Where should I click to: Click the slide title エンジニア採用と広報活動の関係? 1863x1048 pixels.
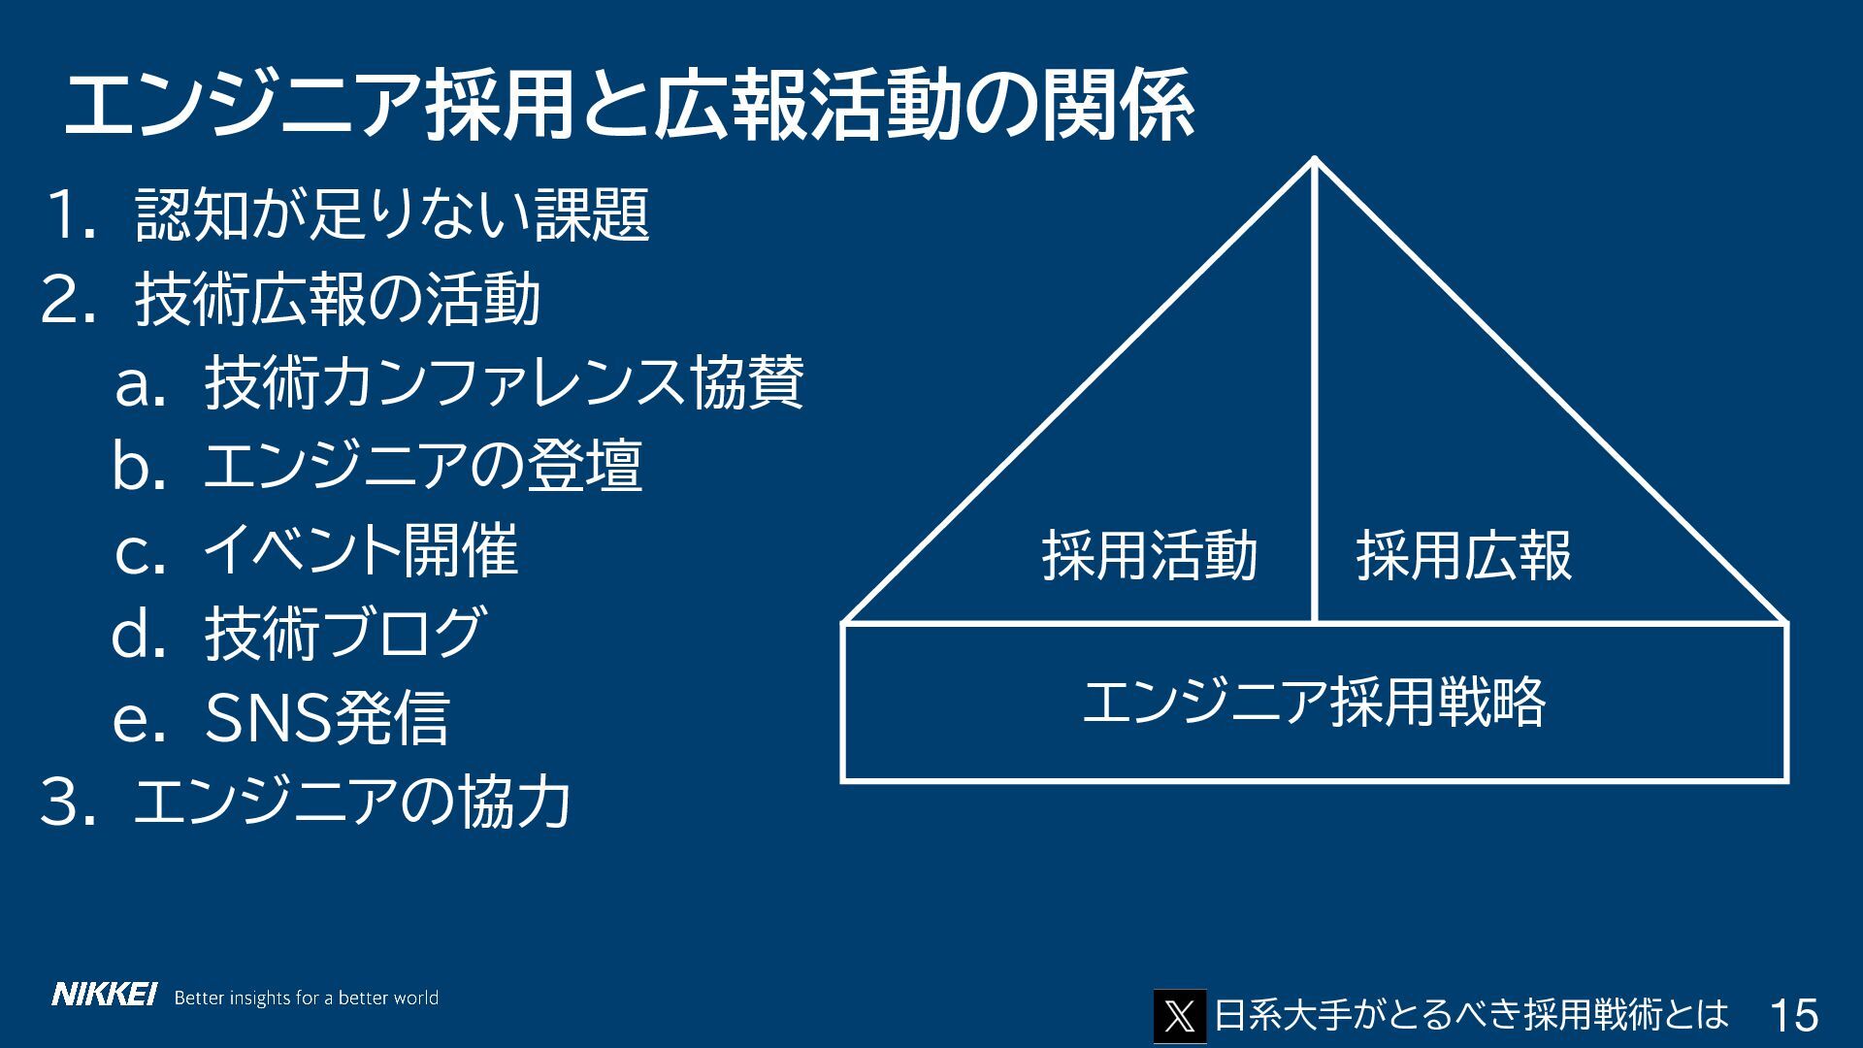click(x=628, y=107)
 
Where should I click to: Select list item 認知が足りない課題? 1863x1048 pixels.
click(x=392, y=214)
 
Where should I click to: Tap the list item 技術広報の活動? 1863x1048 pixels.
click(x=338, y=300)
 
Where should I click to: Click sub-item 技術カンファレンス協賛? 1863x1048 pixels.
click(x=504, y=383)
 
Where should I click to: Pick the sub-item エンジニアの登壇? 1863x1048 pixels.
click(x=422, y=467)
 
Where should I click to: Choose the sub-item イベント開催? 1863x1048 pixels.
click(x=360, y=550)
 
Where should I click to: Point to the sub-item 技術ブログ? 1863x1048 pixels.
click(x=344, y=634)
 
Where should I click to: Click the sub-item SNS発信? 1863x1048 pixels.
click(x=327, y=718)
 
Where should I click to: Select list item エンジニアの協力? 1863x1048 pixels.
click(x=351, y=802)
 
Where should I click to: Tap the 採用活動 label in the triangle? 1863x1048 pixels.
click(x=1150, y=556)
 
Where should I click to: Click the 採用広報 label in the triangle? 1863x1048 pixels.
click(x=1463, y=556)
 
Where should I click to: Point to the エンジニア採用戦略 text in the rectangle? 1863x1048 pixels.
click(x=1314, y=703)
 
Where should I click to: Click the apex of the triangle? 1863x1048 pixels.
click(x=1315, y=160)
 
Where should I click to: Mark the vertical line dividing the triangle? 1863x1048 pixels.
click(x=1315, y=388)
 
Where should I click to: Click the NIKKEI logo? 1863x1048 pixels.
click(x=104, y=996)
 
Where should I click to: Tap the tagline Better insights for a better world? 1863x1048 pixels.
click(x=306, y=998)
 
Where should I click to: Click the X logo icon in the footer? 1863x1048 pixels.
click(x=1179, y=1016)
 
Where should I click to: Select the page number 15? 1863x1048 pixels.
click(x=1793, y=1016)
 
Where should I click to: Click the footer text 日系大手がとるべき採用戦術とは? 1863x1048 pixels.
click(x=1471, y=1015)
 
